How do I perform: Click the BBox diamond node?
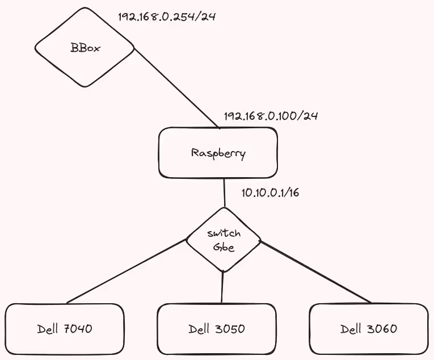(x=85, y=48)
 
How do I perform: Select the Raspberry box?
(x=218, y=152)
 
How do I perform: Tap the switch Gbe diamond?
(x=224, y=240)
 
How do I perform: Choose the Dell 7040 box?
(x=64, y=329)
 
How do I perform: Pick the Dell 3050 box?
(x=216, y=329)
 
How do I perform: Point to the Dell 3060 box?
(x=369, y=329)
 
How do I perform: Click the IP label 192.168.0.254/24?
(x=167, y=16)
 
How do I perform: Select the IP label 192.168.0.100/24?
(x=271, y=116)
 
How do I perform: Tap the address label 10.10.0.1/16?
(x=270, y=192)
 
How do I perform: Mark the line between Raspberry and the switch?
(x=225, y=193)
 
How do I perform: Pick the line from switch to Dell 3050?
(x=222, y=287)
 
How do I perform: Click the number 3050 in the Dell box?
(x=231, y=329)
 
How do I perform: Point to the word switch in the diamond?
(x=224, y=233)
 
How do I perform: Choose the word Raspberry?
(x=218, y=153)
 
